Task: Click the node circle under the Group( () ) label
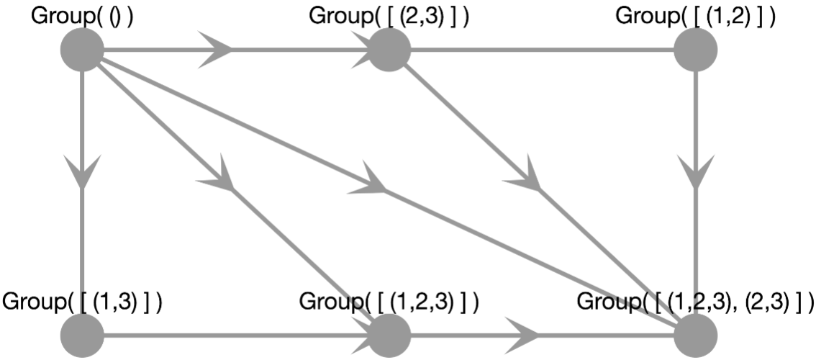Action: pyautogui.click(x=83, y=50)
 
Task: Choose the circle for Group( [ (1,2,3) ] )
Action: pyautogui.click(x=389, y=336)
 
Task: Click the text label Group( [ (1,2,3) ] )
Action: pyautogui.click(x=389, y=300)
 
